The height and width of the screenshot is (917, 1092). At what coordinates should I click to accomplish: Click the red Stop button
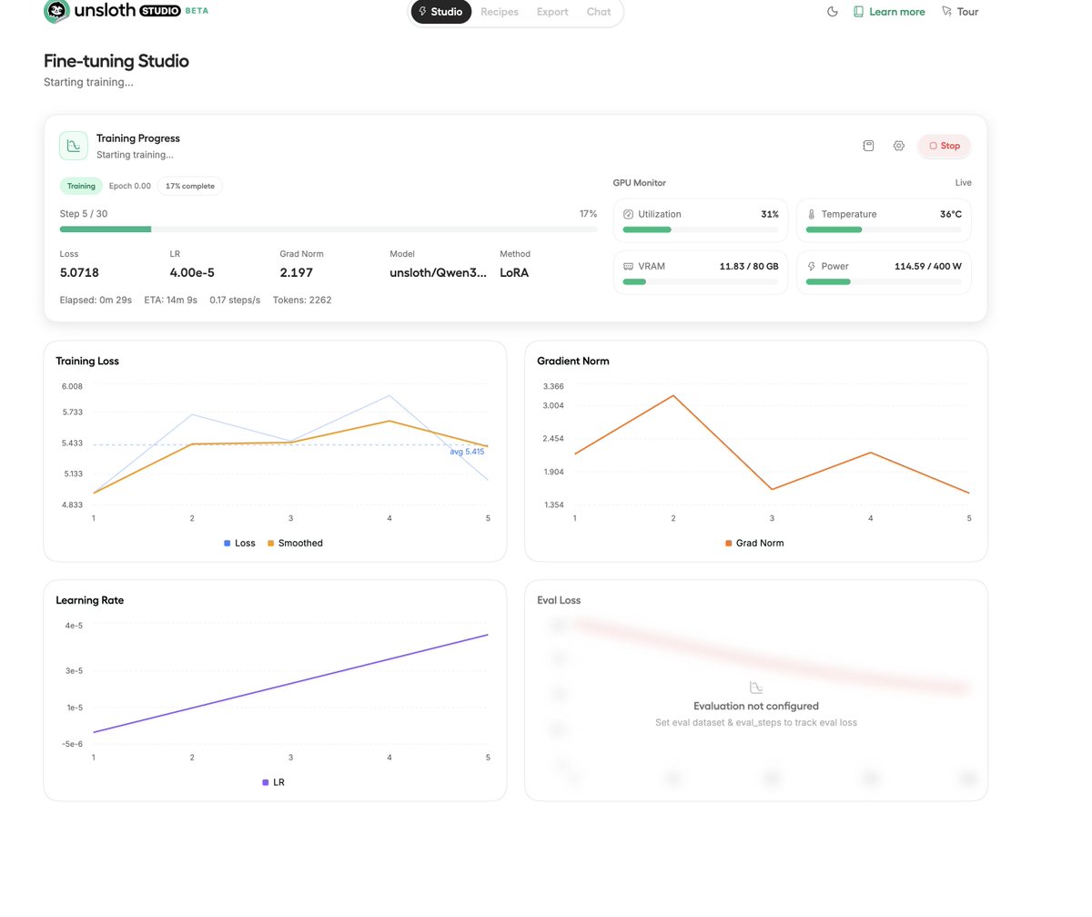point(945,146)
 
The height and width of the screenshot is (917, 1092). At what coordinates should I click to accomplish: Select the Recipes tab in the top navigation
point(500,12)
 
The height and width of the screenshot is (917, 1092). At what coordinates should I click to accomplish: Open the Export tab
point(552,12)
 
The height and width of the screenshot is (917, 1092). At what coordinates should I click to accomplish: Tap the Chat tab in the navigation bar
point(599,12)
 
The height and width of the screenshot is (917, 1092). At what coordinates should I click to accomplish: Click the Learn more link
point(889,12)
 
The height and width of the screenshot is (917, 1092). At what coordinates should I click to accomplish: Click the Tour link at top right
point(960,12)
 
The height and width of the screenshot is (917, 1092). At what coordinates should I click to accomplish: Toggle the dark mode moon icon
point(832,12)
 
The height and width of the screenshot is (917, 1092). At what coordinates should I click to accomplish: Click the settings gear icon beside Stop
point(899,146)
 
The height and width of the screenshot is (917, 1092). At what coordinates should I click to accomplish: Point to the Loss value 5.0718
point(79,272)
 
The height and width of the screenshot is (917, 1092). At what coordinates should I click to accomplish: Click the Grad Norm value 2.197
point(296,272)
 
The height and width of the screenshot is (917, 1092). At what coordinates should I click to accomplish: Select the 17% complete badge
point(190,186)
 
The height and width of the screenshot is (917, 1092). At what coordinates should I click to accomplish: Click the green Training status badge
point(81,186)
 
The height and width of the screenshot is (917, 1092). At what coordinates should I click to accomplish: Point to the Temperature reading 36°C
point(950,214)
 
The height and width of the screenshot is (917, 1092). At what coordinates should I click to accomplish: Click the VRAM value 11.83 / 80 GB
point(748,266)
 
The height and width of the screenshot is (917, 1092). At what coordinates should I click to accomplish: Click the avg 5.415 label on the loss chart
point(467,452)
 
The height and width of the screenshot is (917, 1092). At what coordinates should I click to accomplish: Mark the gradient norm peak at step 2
point(673,395)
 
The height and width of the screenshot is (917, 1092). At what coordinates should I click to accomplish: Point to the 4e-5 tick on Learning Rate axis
point(74,626)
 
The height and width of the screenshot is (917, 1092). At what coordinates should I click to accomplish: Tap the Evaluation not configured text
point(755,706)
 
